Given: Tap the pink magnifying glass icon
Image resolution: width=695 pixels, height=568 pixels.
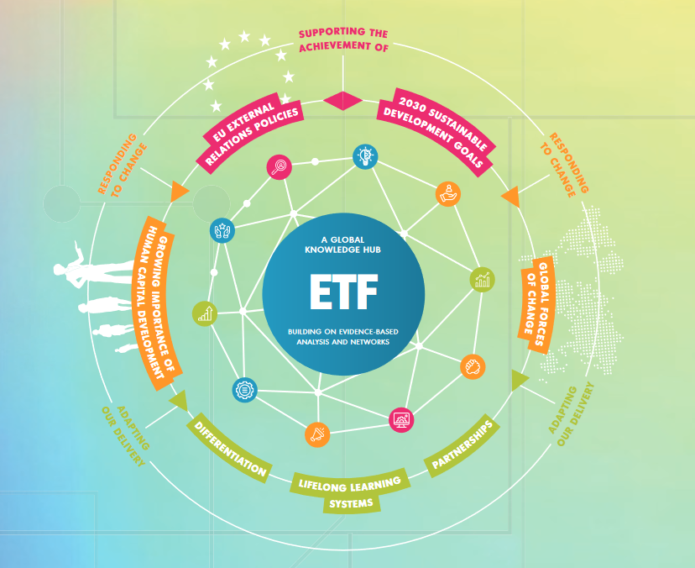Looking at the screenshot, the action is [x=279, y=167].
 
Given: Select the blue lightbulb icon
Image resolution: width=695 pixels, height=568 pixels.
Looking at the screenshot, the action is [x=365, y=155].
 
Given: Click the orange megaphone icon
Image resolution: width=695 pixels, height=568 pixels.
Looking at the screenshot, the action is [x=318, y=434].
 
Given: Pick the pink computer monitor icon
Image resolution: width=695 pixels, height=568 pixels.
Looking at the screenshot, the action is [x=402, y=418].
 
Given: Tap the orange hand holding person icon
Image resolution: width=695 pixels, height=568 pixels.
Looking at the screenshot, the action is [x=448, y=192].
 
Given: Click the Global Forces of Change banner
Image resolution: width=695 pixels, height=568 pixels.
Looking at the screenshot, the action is [x=538, y=297].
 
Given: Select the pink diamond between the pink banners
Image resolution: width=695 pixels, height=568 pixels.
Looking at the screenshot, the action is [x=342, y=100].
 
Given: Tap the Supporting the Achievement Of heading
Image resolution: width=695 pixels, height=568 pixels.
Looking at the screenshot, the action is [x=343, y=39].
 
